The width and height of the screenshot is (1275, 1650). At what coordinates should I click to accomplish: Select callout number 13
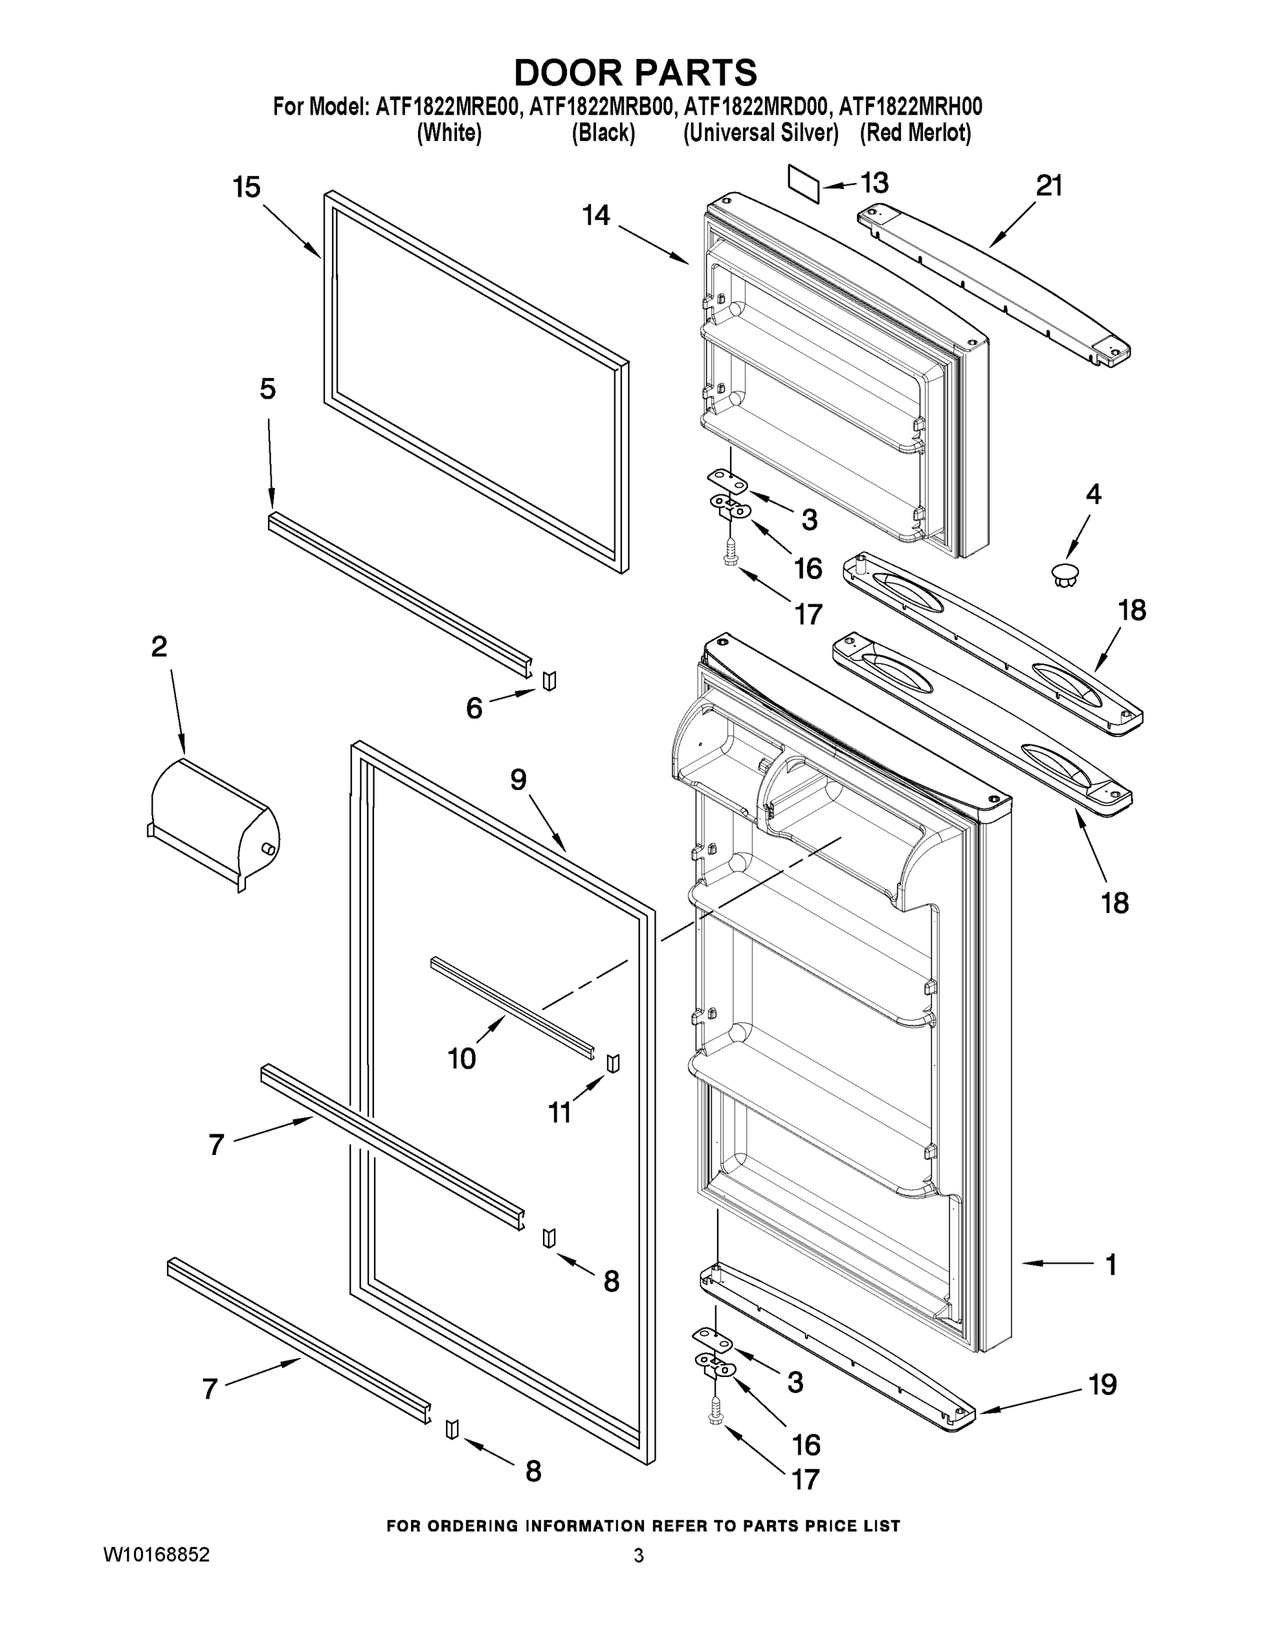click(x=875, y=183)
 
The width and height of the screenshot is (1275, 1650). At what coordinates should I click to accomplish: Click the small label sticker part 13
click(x=803, y=184)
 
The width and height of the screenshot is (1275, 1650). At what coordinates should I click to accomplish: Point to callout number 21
click(x=1049, y=185)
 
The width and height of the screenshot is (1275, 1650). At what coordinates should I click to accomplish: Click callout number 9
click(x=518, y=780)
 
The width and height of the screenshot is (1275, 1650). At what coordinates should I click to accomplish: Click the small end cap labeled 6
click(x=549, y=680)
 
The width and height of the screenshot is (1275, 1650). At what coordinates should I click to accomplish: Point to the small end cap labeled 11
click(x=612, y=1062)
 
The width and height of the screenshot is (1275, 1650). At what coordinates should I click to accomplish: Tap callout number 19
click(x=1102, y=1385)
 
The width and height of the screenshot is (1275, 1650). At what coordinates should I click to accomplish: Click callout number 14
click(x=596, y=215)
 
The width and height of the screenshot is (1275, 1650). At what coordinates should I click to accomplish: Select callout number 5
click(x=267, y=389)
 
